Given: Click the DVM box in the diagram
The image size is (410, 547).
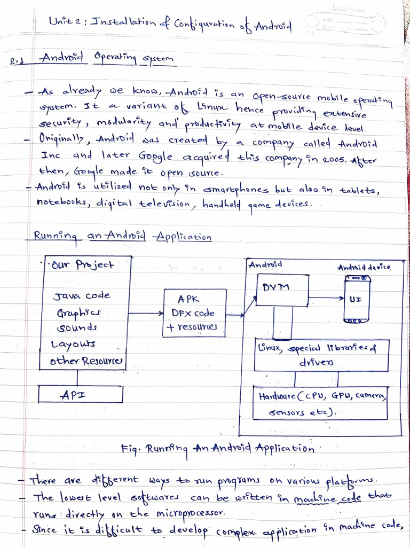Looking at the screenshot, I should [x=282, y=290].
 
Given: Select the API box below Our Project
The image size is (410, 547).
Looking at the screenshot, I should [x=81, y=395].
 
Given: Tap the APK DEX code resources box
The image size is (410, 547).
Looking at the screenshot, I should [x=194, y=313].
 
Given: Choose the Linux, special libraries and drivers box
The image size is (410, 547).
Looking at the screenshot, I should [x=321, y=355].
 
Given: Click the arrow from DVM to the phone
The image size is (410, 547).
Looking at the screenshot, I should [x=327, y=298].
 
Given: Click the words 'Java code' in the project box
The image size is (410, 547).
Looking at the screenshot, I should [x=81, y=295].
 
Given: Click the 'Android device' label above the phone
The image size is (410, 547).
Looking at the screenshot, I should [x=364, y=267].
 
